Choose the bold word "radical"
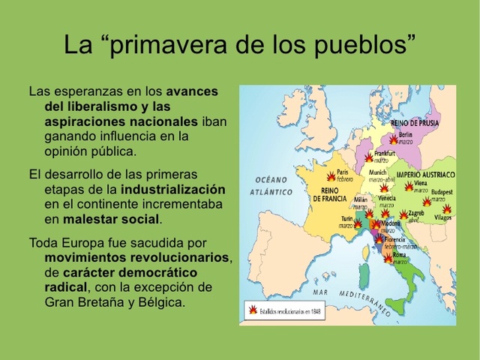tap(66, 287)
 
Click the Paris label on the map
tap(343, 172)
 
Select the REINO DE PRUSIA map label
tap(415, 122)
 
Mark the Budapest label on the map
tap(442, 192)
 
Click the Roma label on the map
tap(400, 255)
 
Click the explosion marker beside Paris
tap(331, 177)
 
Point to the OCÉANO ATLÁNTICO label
tap(271, 186)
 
